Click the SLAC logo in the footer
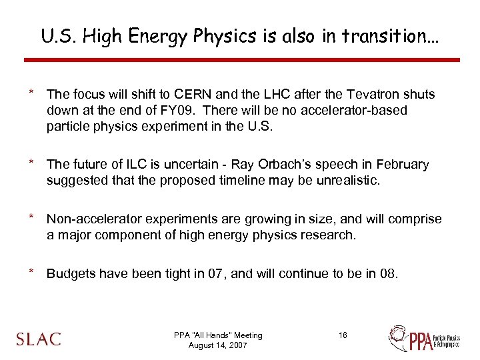coord(38,338)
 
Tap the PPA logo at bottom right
coord(425,338)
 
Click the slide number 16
coord(343,335)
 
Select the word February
coord(401,164)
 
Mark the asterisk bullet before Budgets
coord(31,272)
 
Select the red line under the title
coord(241,60)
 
